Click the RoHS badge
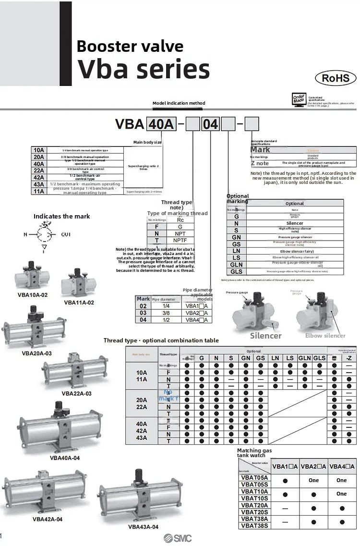[x=335, y=78]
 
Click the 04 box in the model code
[x=210, y=124]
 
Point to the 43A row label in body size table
[x=39, y=184]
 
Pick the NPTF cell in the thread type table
[x=180, y=240]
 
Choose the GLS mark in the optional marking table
[x=236, y=271]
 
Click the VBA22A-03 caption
[x=76, y=393]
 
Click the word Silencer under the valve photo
[x=265, y=336]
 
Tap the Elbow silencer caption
[x=325, y=336]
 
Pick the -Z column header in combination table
[x=348, y=358]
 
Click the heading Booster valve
[x=130, y=46]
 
